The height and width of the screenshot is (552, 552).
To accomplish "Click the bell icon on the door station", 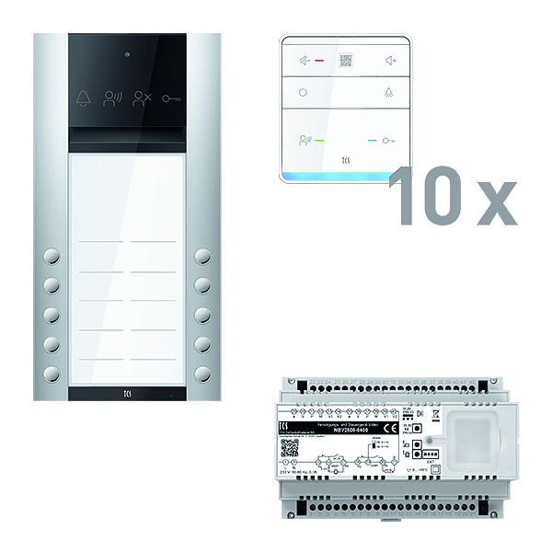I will tap(85, 98).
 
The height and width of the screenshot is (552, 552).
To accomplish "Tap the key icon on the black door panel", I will tap(171, 98).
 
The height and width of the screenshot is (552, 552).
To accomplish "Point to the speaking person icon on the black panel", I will tap(112, 98).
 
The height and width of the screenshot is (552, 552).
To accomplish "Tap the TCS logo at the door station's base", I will tap(127, 391).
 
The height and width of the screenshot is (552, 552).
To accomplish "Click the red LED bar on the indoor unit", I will tap(320, 63).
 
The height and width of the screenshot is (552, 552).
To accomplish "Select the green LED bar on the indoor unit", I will tap(319, 142).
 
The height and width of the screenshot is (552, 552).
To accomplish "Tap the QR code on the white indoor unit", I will tap(347, 62).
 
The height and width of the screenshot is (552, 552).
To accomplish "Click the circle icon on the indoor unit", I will tap(304, 93).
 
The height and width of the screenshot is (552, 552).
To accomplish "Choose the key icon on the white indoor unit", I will tap(391, 142).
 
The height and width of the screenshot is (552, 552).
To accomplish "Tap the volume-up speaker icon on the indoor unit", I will tap(390, 62).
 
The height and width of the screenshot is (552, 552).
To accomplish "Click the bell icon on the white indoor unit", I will tap(389, 93).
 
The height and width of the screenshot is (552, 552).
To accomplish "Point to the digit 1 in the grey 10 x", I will tap(403, 198).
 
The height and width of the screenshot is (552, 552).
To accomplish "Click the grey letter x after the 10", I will tap(497, 205).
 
